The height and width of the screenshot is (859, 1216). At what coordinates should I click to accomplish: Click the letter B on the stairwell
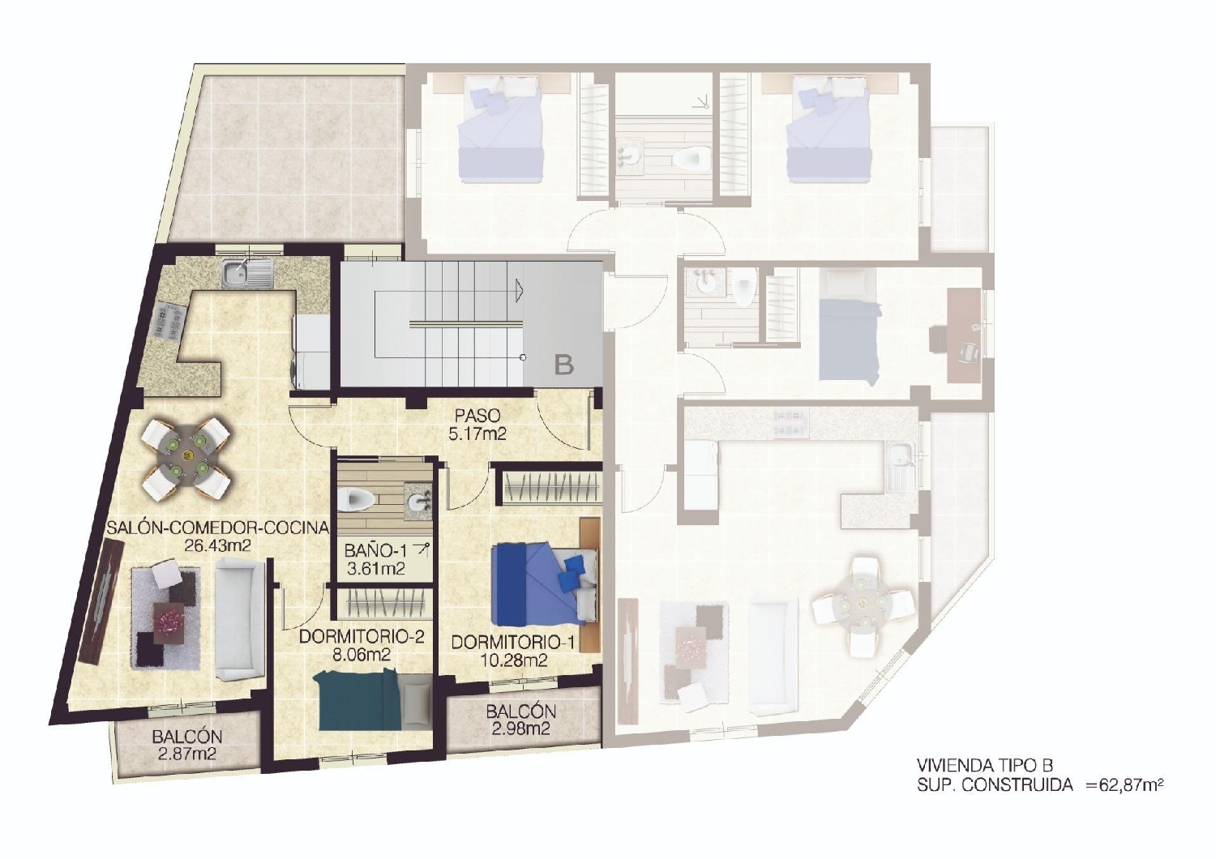[563, 365]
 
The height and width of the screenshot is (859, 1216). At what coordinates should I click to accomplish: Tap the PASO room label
[477, 416]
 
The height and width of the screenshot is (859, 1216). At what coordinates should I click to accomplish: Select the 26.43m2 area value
[217, 545]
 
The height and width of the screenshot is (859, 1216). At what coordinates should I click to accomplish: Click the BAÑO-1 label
[375, 551]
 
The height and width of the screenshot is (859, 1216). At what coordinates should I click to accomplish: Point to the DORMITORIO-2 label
[362, 637]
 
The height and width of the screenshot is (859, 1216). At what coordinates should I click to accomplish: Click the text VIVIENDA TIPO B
[984, 765]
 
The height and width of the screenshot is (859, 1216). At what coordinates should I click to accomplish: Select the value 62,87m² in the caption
[1125, 784]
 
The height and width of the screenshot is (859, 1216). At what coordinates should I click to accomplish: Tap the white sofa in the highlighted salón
[239, 622]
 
